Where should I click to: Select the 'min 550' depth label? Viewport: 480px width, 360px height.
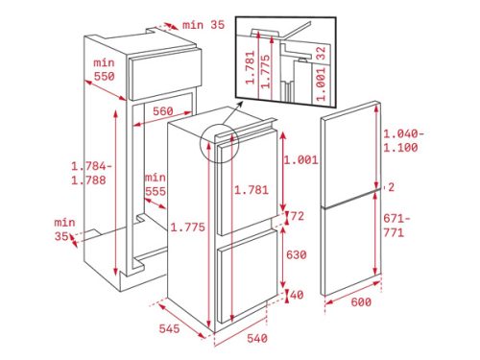click(x=104, y=69)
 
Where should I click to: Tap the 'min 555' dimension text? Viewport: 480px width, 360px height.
click(x=155, y=184)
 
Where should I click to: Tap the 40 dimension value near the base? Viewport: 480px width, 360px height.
click(x=297, y=294)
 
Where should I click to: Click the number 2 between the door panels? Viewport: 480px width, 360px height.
click(x=392, y=187)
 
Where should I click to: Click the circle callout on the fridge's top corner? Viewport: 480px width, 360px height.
click(x=217, y=143)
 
